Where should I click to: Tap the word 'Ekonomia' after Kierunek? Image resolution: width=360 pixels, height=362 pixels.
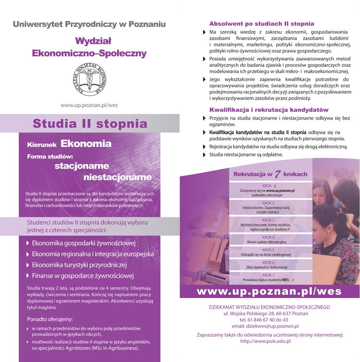click(x=86, y=143)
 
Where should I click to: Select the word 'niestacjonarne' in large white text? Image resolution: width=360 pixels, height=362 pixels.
click(x=118, y=177)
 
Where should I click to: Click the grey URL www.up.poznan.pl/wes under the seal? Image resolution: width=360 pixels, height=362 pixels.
click(x=89, y=105)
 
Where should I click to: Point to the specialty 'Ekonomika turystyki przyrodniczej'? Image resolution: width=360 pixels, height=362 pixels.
click(x=79, y=265)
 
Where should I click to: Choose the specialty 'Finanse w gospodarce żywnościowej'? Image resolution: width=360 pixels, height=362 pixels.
click(x=83, y=276)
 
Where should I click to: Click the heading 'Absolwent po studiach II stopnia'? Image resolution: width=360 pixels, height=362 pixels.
click(x=262, y=24)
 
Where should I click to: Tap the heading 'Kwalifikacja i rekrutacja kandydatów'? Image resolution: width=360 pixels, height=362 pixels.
click(x=269, y=110)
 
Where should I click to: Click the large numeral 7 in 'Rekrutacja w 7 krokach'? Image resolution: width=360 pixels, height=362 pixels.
click(x=277, y=174)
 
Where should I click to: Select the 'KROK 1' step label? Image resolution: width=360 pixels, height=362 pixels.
click(x=269, y=186)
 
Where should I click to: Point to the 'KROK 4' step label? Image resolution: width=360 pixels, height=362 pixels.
click(x=268, y=237)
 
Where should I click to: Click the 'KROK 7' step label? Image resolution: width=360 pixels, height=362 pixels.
click(x=268, y=275)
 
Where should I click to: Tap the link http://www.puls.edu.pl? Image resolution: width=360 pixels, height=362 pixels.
click(x=265, y=341)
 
